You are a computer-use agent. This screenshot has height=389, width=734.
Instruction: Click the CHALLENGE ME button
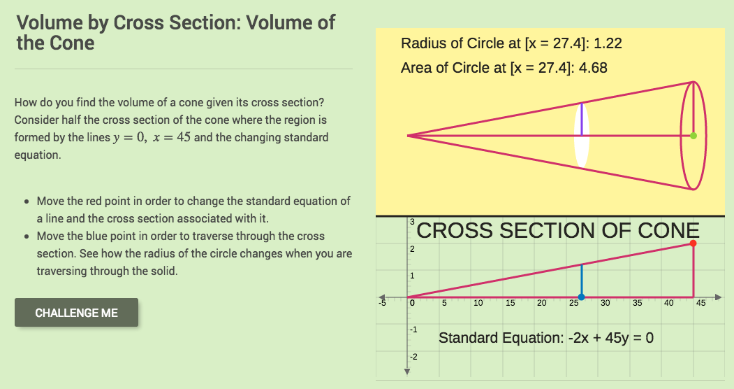[76, 313]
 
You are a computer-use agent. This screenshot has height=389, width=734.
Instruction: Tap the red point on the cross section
[693, 243]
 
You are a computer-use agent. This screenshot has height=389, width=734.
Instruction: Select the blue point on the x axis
[581, 297]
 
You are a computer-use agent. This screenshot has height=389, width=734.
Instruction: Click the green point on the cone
[693, 136]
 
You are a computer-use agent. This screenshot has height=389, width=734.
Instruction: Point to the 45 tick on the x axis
[700, 304]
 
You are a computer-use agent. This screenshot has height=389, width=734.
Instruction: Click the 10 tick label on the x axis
[478, 304]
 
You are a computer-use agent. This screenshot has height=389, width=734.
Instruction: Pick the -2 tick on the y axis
[413, 357]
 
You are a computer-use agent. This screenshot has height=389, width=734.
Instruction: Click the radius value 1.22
[608, 43]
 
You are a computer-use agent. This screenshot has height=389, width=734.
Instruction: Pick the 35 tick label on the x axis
[637, 304]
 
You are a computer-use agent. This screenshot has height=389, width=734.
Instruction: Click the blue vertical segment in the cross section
[581, 280]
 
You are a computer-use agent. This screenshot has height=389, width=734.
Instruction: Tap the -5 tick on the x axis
[383, 304]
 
